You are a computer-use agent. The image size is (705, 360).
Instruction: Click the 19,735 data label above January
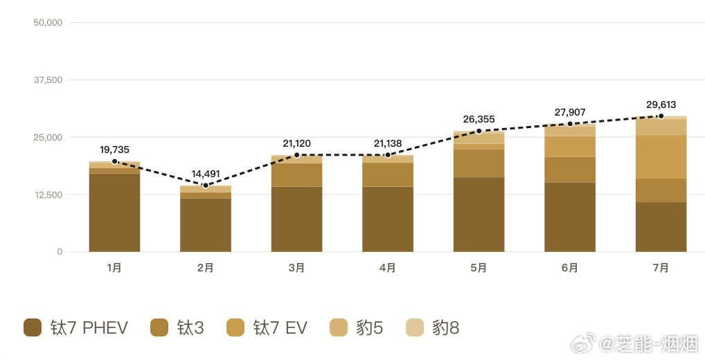click(x=115, y=150)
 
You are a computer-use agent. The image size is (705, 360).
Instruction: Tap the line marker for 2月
click(x=206, y=186)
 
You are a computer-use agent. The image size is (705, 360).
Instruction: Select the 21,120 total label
click(x=296, y=143)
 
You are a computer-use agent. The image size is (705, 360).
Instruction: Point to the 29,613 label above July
click(x=661, y=105)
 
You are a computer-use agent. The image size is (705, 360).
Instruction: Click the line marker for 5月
click(x=479, y=132)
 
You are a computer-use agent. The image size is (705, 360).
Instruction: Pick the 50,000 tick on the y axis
click(x=48, y=22)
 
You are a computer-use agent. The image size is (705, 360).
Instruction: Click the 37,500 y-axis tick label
click(x=48, y=80)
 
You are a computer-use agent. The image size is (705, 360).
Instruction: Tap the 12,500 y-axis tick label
click(x=48, y=195)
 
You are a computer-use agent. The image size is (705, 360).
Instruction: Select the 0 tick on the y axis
click(x=60, y=252)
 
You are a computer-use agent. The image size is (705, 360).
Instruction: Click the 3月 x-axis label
click(x=296, y=268)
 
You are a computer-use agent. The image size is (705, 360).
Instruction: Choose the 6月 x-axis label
click(x=570, y=268)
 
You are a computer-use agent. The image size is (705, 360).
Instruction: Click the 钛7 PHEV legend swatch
click(x=33, y=327)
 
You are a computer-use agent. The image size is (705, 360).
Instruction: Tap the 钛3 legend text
click(x=190, y=328)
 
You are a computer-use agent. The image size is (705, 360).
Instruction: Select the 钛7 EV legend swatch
click(x=235, y=327)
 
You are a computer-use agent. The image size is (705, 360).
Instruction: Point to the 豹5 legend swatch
click(x=339, y=327)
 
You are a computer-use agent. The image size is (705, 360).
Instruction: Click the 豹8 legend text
click(x=445, y=328)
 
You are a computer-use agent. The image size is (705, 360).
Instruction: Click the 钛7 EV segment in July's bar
click(x=661, y=157)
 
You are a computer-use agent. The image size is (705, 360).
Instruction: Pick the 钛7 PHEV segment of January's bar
click(x=115, y=213)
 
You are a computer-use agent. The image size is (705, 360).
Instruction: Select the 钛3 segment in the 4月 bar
click(x=388, y=175)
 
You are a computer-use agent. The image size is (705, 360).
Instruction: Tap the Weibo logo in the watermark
click(x=583, y=343)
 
